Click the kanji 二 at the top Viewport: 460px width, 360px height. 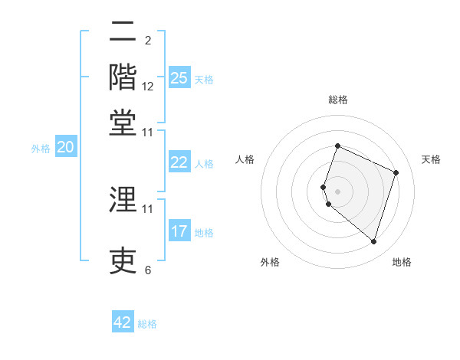[123, 32]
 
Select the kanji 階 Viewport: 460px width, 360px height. [123, 77]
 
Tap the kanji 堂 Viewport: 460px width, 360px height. [123, 122]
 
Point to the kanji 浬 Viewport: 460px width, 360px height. [123, 198]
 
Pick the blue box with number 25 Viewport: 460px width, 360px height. [179, 77]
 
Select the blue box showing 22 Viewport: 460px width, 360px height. [179, 162]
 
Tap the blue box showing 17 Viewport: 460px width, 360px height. [179, 231]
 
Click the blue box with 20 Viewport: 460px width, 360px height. [65, 148]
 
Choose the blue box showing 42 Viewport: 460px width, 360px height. [123, 322]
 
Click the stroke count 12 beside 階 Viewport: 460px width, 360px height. [148, 87]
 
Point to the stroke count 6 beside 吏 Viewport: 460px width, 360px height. [148, 270]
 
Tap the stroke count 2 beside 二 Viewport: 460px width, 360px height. [148, 41]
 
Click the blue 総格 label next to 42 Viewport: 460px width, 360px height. [147, 324]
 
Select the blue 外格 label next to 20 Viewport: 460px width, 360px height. [41, 149]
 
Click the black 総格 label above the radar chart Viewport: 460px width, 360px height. [337, 100]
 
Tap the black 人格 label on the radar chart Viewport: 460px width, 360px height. [245, 159]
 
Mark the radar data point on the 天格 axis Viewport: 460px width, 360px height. [396, 172]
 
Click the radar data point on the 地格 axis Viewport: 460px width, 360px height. [373, 242]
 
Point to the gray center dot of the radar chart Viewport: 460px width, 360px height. [337, 191]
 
